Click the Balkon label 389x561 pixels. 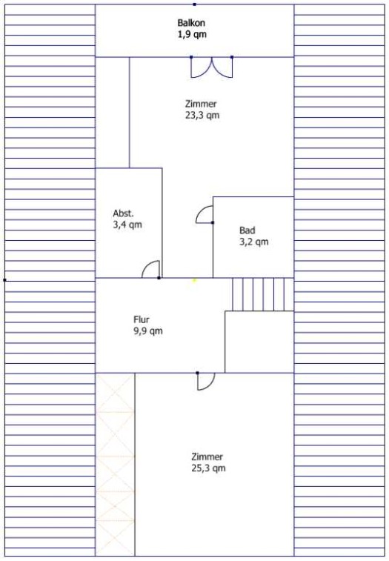tap(191, 23)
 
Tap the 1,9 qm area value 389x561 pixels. tap(192, 34)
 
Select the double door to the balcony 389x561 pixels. tap(211, 67)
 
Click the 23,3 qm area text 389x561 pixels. tap(202, 115)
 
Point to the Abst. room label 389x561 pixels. tap(123, 213)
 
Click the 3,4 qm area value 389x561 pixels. tap(127, 225)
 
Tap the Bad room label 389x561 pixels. tap(247, 230)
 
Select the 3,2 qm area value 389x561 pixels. tap(253, 242)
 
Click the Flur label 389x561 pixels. tap(142, 319)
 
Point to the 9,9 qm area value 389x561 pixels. tap(148, 331)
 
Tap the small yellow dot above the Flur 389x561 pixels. tap(194, 280)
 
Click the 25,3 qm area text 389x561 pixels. tap(208, 468)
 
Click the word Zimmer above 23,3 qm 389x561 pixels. tap(201, 104)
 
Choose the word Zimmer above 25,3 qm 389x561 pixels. tap(207, 457)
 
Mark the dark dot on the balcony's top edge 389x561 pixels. tap(194, 4)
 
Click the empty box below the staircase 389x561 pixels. tap(259, 342)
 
